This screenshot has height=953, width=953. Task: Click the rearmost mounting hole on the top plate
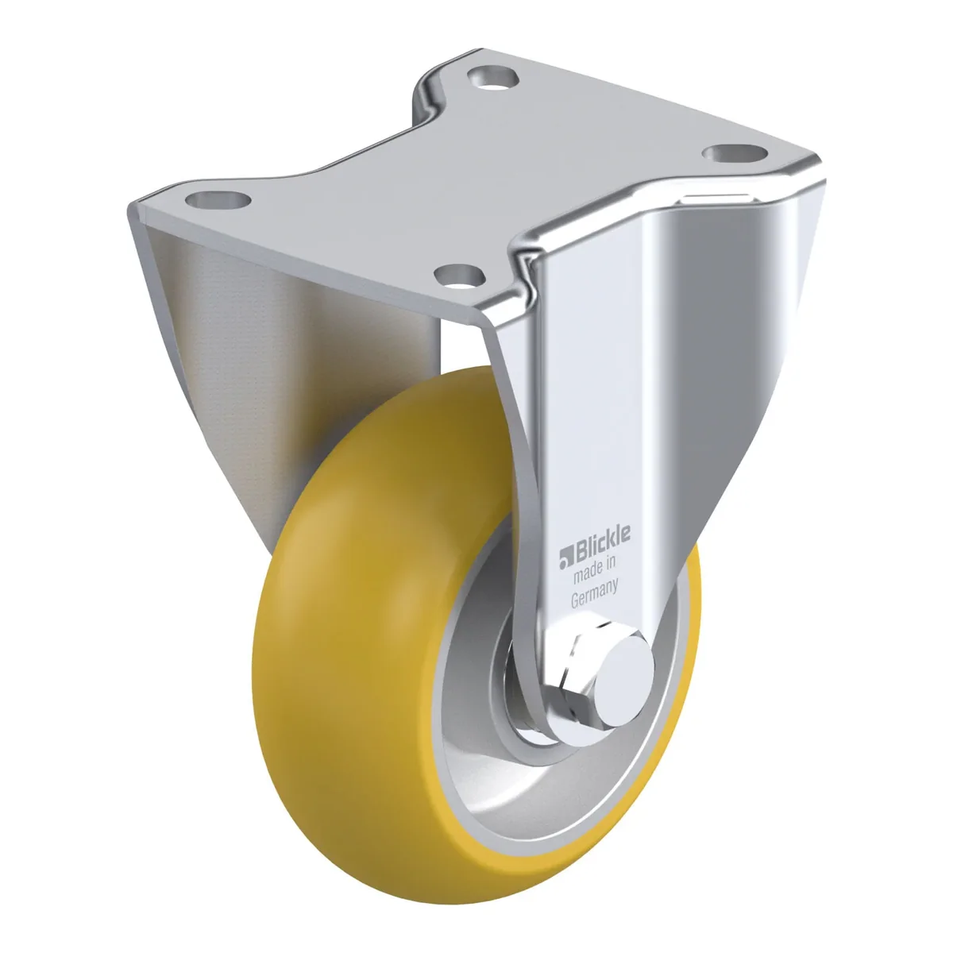point(492,77)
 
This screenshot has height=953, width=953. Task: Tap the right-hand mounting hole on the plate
point(735,153)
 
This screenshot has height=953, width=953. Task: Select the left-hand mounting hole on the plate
point(218,200)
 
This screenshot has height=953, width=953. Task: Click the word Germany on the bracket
point(595,595)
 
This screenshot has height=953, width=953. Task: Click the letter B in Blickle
point(578,553)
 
